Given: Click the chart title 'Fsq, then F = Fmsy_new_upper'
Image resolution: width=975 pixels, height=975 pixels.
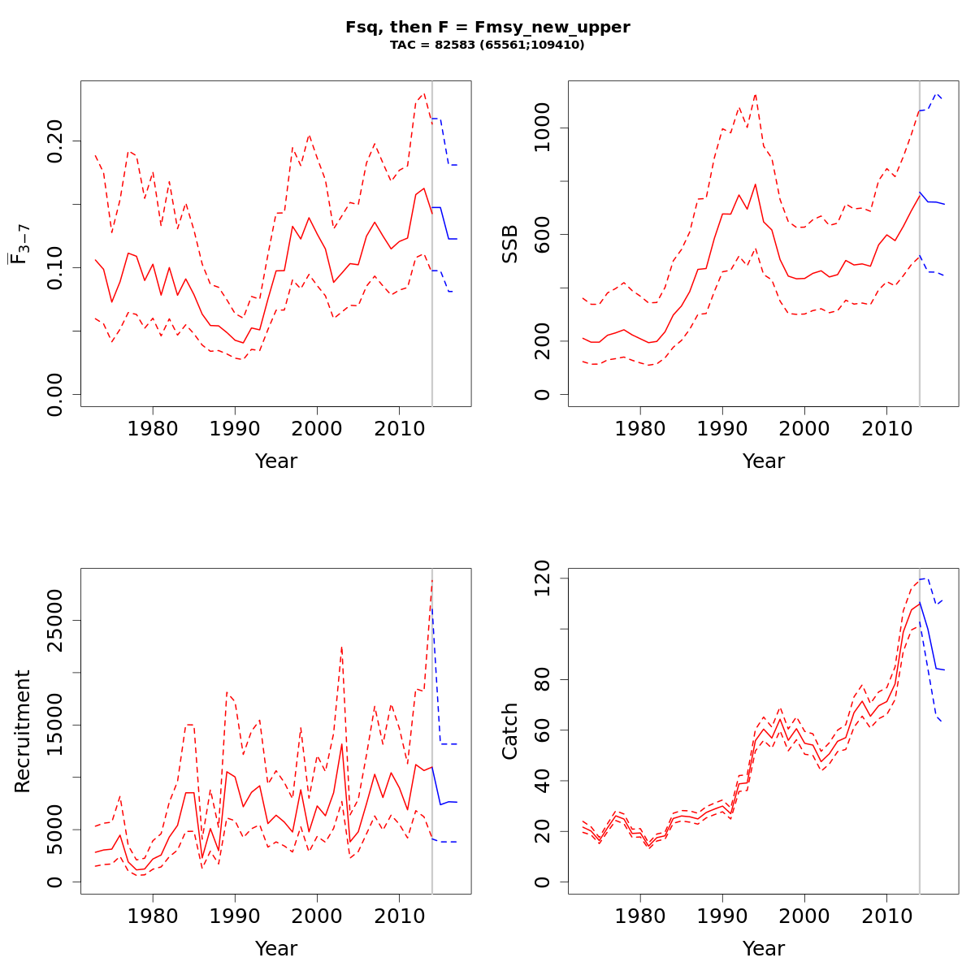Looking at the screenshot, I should (x=487, y=27).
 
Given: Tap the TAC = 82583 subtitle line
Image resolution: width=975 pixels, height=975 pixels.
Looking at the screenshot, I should (x=487, y=45).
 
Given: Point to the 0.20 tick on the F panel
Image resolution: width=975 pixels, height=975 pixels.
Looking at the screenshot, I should (x=55, y=141).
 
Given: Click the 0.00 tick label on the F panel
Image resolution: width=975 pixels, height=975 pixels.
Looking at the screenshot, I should (x=55, y=394).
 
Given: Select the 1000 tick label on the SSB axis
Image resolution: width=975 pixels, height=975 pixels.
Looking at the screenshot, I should (x=543, y=128).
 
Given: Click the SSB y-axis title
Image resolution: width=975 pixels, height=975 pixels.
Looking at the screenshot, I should (x=510, y=243).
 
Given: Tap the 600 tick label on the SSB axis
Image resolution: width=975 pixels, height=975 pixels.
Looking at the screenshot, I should (x=543, y=234).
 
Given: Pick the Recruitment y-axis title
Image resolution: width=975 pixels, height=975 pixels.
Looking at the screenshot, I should (x=22, y=730).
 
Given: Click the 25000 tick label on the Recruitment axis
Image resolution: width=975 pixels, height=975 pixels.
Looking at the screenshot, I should (x=55, y=621).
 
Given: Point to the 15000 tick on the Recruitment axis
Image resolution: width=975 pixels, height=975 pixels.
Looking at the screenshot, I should (x=55, y=725).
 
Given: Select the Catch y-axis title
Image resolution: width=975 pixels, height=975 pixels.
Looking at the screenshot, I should (x=510, y=730).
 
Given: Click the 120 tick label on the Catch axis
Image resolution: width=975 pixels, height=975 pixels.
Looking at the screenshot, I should (x=543, y=578).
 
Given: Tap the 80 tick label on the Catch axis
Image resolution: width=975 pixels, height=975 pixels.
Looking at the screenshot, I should (x=543, y=679).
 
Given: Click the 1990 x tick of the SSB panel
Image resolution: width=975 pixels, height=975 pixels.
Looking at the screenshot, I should (x=722, y=427).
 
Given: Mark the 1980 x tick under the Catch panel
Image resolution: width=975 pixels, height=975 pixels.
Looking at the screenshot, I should (x=640, y=915).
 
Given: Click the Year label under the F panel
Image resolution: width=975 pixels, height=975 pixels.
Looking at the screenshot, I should (x=276, y=461).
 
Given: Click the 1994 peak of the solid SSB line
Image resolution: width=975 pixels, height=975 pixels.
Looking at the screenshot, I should (x=755, y=184).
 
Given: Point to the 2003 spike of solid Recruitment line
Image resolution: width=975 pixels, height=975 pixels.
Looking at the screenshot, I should (x=341, y=743).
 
